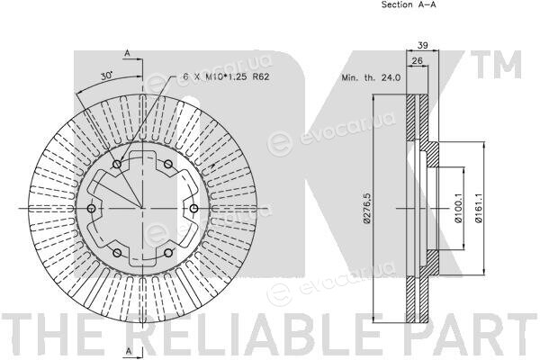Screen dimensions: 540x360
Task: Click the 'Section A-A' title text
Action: point(409,4)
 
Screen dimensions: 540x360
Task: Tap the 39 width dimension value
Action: point(423,45)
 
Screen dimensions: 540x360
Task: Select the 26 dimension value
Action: point(417,61)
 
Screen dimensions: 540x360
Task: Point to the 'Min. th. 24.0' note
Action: point(371,77)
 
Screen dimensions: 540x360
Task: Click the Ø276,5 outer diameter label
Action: point(366,208)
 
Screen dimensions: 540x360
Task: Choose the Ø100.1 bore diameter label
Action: point(458,208)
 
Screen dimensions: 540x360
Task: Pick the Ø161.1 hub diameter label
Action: point(479,208)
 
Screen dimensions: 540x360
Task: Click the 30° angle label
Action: point(107,76)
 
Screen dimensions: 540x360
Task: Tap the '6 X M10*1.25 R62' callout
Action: point(226,76)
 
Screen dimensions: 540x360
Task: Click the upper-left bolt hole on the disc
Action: point(117,165)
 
